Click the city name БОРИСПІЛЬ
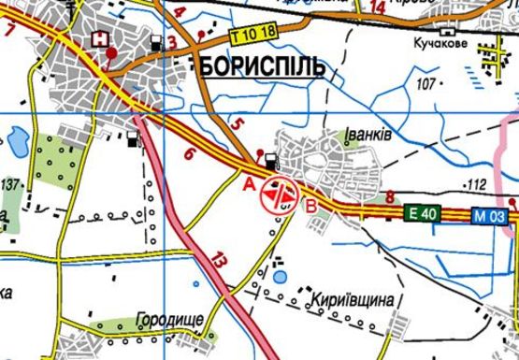(261, 67)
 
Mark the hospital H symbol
(99, 39)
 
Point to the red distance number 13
(220, 261)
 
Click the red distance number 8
(390, 196)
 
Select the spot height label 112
(477, 183)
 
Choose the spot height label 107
(429, 85)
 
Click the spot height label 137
(10, 184)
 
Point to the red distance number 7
(10, 29)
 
